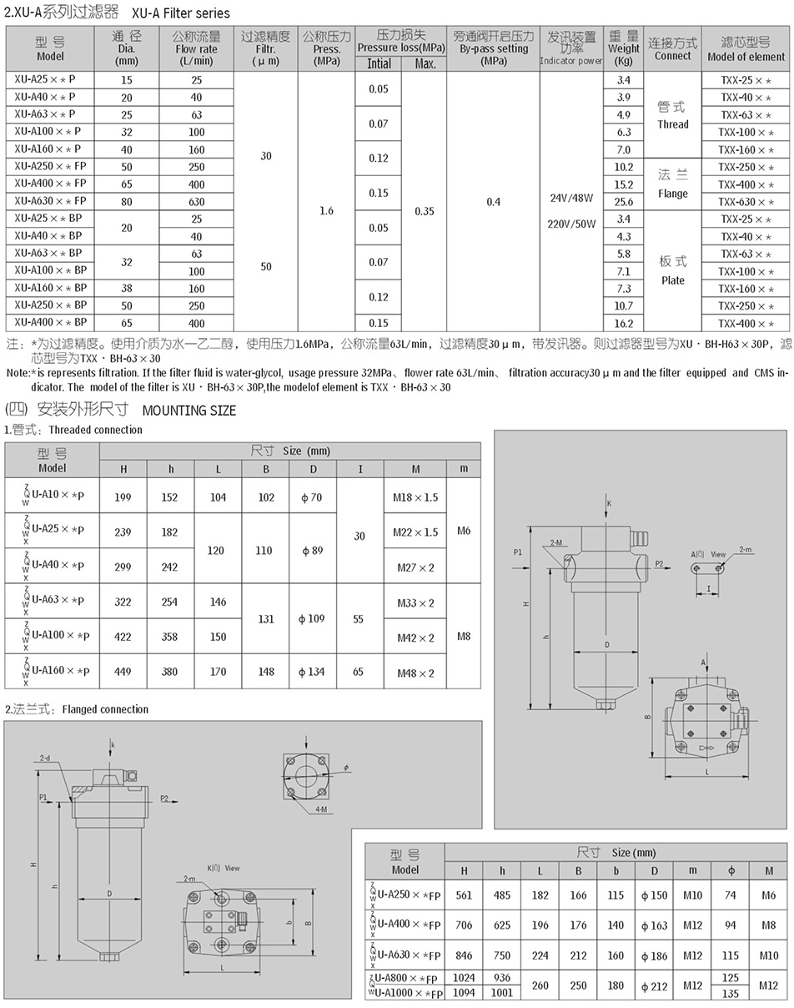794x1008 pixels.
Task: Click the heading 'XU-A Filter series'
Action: pyautogui.click(x=180, y=13)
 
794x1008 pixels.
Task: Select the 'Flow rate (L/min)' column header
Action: pyautogui.click(x=196, y=49)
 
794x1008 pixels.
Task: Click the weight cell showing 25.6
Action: pyautogui.click(x=623, y=202)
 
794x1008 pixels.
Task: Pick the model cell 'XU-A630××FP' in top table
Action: pyautogui.click(x=50, y=201)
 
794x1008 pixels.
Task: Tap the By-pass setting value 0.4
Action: pyautogui.click(x=493, y=202)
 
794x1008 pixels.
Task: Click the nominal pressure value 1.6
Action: pyautogui.click(x=326, y=210)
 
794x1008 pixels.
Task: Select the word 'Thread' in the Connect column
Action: pyautogui.click(x=672, y=124)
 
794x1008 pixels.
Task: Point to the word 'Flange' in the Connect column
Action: pyautogui.click(x=672, y=194)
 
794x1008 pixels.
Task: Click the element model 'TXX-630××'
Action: pyautogui.click(x=746, y=202)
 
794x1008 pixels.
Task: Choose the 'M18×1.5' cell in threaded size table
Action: pyautogui.click(x=415, y=497)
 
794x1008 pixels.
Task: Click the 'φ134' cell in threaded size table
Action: pyautogui.click(x=312, y=673)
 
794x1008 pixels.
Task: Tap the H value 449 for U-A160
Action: pyautogui.click(x=123, y=673)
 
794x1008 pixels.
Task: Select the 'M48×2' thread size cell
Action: pyautogui.click(x=415, y=673)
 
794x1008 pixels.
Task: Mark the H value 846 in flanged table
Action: pyautogui.click(x=464, y=955)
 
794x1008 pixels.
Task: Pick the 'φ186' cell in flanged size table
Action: pyautogui.click(x=655, y=955)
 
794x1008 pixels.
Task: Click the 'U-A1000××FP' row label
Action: pyautogui.click(x=409, y=993)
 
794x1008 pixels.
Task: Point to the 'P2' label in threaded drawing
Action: pyautogui.click(x=658, y=564)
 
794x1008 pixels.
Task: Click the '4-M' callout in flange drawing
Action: pyautogui.click(x=323, y=809)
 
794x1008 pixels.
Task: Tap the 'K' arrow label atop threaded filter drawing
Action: pyautogui.click(x=609, y=503)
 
